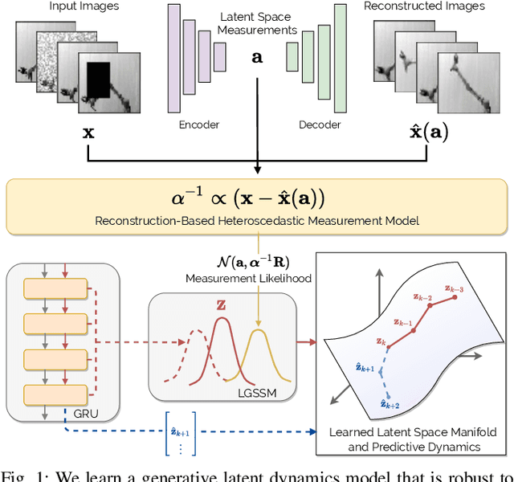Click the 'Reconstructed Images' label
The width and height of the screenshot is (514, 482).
click(424, 6)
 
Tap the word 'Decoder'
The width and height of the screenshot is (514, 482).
click(320, 125)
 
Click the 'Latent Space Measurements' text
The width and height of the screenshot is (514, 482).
click(257, 22)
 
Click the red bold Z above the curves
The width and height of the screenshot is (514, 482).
click(220, 306)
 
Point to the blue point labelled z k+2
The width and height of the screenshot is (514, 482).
click(389, 397)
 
